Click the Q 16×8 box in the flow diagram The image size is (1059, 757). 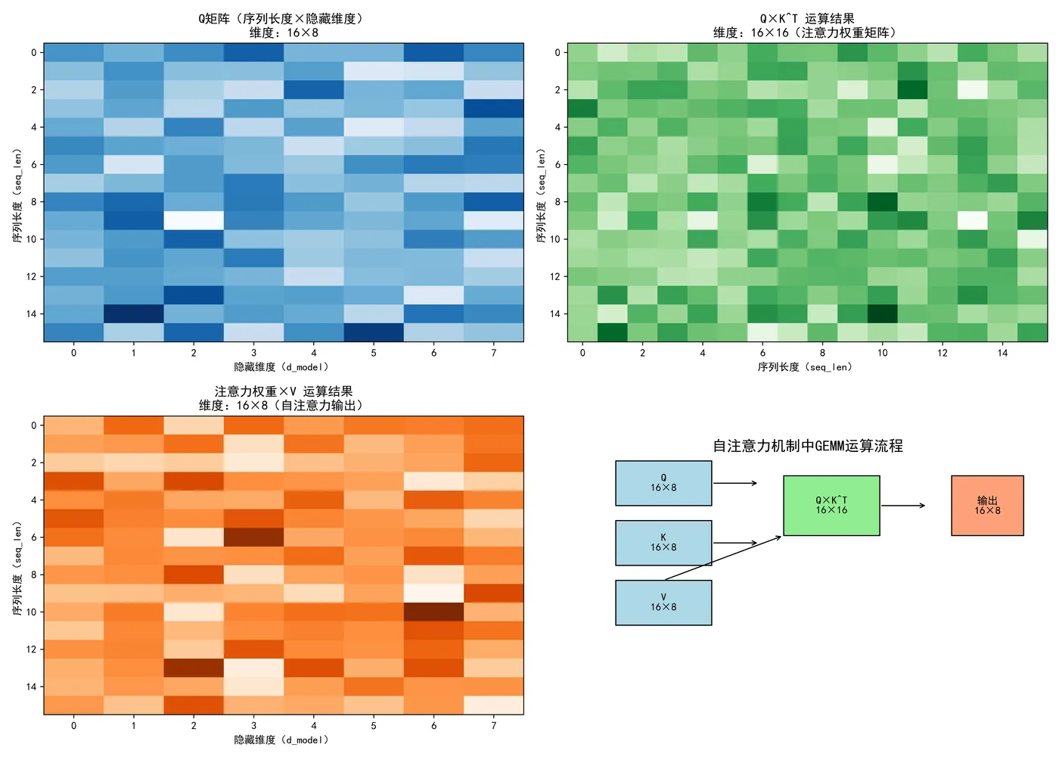click(x=663, y=483)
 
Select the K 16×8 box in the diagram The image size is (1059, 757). click(x=663, y=543)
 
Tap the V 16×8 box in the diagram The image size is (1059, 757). click(x=663, y=603)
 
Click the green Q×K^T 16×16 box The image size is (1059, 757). click(x=831, y=506)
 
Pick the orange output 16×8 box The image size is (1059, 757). click(x=987, y=506)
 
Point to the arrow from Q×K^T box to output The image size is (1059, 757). click(x=903, y=506)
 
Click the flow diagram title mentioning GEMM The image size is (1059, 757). click(x=808, y=446)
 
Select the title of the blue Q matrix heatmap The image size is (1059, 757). click(x=284, y=25)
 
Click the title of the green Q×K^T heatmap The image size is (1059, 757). click(x=807, y=25)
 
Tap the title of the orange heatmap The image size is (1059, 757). click(x=284, y=398)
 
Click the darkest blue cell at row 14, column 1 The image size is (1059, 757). click(x=134, y=313)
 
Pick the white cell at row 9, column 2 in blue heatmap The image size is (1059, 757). click(x=194, y=220)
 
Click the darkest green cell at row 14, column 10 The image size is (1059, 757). click(x=883, y=313)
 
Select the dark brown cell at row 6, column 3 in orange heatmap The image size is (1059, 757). click(x=253, y=537)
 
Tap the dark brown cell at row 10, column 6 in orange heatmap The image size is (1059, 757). click(x=433, y=612)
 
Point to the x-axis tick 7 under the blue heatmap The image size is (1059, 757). click(x=494, y=353)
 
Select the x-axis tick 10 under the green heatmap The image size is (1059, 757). click(x=883, y=353)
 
